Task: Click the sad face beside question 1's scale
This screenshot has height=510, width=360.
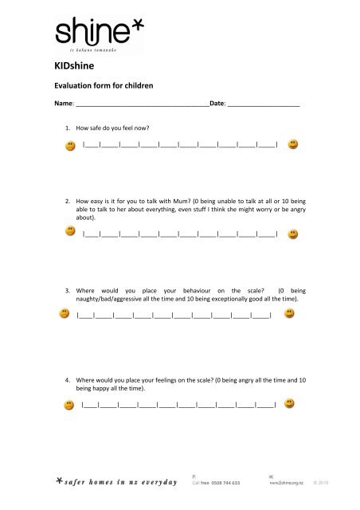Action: click(x=71, y=146)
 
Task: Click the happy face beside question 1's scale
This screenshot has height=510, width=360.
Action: click(x=293, y=145)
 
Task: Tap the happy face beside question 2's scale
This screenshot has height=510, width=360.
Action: click(x=293, y=233)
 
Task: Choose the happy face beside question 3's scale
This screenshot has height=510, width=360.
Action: click(x=289, y=314)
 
